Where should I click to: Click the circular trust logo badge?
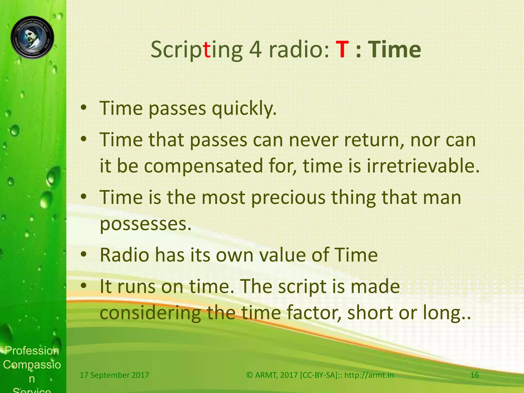[32, 37]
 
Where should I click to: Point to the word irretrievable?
[423, 166]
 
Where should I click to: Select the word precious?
[288, 198]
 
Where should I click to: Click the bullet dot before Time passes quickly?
[83, 108]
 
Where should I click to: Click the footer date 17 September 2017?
[114, 375]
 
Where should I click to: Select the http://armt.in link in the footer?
[369, 375]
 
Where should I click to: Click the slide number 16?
[475, 375]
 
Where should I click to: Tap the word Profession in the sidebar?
[32, 351]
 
